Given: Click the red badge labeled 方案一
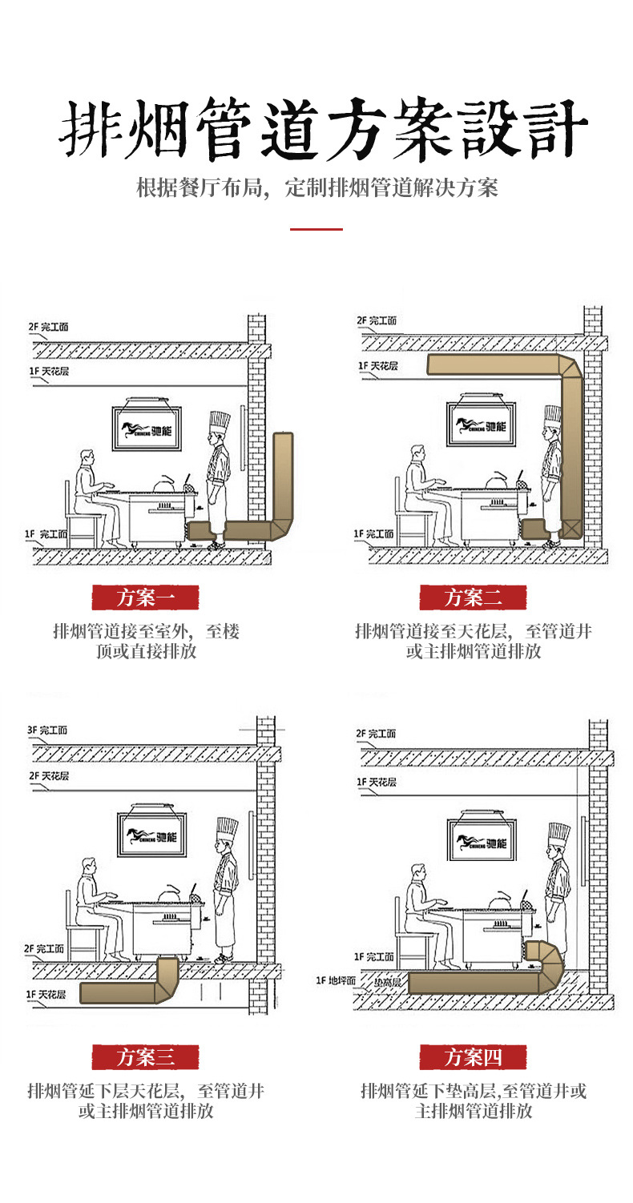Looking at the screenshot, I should [145, 597].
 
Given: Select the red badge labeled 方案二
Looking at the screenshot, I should [473, 597].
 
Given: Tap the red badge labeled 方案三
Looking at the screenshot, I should [145, 1056].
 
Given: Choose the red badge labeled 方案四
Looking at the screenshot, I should [473, 1056].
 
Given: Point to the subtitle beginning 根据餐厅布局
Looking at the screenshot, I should [317, 187].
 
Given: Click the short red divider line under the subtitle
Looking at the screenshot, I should [316, 229].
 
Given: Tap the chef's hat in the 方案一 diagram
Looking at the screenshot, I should [219, 422].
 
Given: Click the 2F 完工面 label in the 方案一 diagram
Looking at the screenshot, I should [49, 327].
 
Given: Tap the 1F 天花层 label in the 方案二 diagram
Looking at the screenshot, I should [377, 366].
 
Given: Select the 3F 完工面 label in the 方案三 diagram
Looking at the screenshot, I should [48, 730].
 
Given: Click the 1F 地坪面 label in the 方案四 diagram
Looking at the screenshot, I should [336, 980].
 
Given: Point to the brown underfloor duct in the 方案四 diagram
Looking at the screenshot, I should [473, 983].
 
